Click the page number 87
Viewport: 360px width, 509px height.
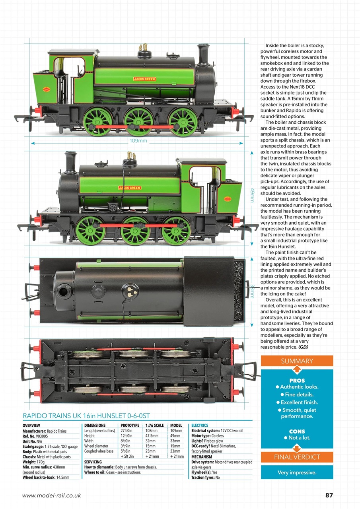[329, 495]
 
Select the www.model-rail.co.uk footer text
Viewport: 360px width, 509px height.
[52, 495]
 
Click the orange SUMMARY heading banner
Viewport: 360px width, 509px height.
[297, 361]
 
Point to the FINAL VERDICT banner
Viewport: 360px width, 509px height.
[297, 457]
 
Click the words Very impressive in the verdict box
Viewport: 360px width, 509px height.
[297, 473]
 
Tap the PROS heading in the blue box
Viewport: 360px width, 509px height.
[297, 381]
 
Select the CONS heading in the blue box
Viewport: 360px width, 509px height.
[297, 431]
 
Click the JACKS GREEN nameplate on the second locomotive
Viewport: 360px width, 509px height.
[130, 188]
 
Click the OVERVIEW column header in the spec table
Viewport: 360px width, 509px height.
[31, 425]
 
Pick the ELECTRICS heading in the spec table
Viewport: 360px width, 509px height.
[200, 425]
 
